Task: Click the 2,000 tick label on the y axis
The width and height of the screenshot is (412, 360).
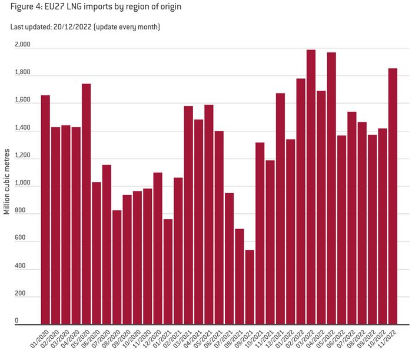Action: tap(23, 45)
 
